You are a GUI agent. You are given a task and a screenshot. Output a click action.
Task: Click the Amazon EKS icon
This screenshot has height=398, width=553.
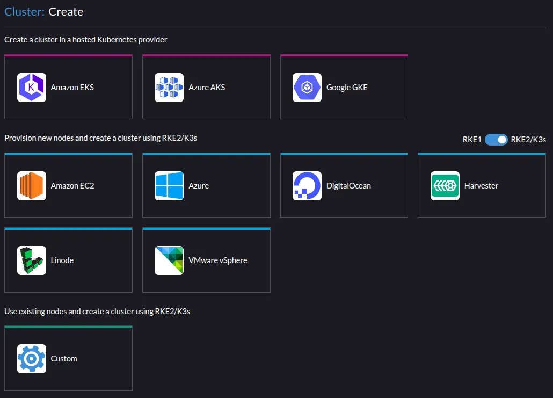tap(31, 88)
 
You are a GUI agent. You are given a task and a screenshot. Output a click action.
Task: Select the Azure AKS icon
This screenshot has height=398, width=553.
tap(169, 88)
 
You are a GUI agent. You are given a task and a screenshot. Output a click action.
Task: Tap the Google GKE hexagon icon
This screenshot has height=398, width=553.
tap(307, 88)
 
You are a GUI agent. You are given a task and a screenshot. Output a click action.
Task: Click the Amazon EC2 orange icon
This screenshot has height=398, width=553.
tap(31, 186)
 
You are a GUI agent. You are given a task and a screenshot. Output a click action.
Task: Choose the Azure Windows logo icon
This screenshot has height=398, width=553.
tap(169, 186)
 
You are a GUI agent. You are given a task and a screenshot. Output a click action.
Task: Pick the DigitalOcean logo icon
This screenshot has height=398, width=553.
tap(307, 186)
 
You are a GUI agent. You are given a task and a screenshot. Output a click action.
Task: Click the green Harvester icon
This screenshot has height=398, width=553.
tap(445, 186)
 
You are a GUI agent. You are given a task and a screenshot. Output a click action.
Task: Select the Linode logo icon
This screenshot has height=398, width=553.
tap(31, 260)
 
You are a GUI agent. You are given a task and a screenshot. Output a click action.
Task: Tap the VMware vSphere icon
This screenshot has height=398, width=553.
tap(169, 260)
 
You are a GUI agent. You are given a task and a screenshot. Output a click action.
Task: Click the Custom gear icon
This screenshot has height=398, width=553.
tap(31, 359)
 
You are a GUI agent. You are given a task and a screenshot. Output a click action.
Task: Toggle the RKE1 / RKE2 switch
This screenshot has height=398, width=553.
tap(496, 140)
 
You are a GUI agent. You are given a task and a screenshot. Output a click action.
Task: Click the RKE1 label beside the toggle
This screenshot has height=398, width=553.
tap(472, 140)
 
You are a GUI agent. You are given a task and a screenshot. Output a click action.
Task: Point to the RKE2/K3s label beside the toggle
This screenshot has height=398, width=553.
tap(528, 140)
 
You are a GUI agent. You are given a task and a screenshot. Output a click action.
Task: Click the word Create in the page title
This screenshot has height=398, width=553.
tap(66, 12)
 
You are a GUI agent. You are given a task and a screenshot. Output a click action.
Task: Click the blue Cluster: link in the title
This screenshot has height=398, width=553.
tap(24, 12)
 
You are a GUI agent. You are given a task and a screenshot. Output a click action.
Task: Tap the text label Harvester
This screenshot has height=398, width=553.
tap(481, 186)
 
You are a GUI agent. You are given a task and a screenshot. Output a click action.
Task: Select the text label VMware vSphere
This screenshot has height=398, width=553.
tap(217, 260)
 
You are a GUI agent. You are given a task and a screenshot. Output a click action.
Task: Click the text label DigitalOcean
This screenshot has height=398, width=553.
tap(348, 186)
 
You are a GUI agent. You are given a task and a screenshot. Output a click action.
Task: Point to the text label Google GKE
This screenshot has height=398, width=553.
tap(347, 88)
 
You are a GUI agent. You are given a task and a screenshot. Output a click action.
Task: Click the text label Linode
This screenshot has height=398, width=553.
tap(62, 260)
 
